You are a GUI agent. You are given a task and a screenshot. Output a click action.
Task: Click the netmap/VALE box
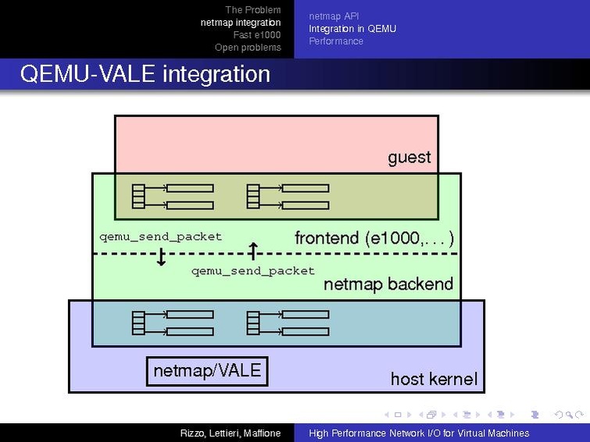click(207, 371)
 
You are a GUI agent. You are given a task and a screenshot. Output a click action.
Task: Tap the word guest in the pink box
click(409, 158)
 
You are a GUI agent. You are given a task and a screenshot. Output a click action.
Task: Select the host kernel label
click(434, 379)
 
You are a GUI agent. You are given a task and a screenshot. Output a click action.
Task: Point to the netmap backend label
click(388, 284)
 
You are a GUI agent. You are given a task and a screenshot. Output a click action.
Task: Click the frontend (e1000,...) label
click(374, 238)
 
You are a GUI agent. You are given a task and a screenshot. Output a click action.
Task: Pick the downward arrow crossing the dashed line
click(161, 257)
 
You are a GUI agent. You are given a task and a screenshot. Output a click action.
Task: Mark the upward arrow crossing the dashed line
click(253, 251)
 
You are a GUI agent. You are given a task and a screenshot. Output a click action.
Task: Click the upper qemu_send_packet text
click(161, 237)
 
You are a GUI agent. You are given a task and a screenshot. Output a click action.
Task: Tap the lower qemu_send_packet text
click(253, 271)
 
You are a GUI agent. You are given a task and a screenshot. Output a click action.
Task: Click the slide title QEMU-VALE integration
click(145, 73)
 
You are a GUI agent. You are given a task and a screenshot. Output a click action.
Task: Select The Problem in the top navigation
click(253, 10)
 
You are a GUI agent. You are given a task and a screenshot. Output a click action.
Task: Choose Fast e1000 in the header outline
click(257, 35)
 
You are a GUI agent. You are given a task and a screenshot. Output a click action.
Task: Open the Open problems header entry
click(248, 48)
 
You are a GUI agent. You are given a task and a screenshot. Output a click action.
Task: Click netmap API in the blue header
click(334, 16)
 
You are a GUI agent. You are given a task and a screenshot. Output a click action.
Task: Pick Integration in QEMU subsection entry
click(352, 29)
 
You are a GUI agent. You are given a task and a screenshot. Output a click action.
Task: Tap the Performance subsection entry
click(336, 41)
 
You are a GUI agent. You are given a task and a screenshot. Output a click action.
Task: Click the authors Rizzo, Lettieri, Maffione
click(231, 433)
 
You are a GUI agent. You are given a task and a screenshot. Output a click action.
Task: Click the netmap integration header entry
click(241, 23)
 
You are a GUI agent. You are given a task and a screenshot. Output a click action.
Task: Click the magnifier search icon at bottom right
click(570, 415)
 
